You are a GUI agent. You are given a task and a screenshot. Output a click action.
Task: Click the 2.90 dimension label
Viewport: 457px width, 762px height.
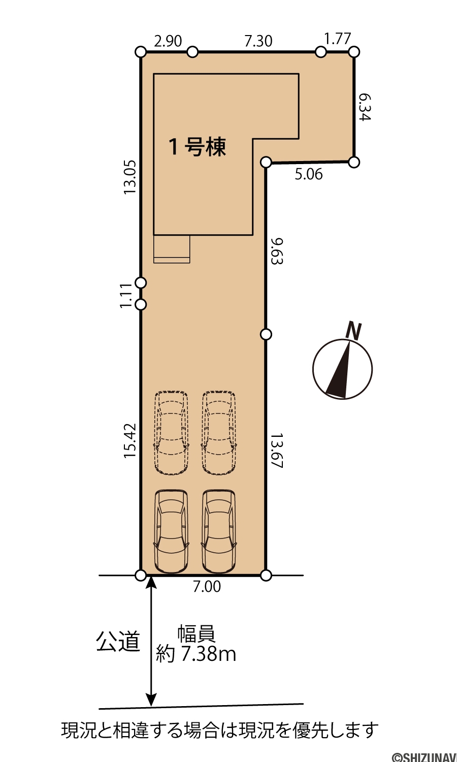click(x=168, y=41)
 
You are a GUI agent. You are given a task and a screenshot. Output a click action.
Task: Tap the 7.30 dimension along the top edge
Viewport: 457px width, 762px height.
click(x=258, y=41)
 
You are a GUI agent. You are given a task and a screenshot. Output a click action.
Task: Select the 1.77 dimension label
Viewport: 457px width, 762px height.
click(x=337, y=39)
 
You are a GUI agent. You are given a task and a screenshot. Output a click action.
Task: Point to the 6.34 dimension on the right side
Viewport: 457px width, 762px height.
click(x=365, y=108)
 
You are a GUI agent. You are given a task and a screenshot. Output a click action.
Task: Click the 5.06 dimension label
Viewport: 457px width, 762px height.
click(x=308, y=175)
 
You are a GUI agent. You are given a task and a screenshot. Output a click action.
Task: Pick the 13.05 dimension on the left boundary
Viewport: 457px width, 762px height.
click(x=130, y=177)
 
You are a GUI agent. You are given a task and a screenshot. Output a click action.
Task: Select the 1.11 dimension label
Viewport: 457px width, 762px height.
click(x=126, y=295)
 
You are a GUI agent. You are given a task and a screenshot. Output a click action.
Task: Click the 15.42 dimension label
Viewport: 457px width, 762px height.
click(x=130, y=440)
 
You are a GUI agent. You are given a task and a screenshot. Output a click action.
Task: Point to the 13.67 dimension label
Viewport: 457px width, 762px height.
click(x=277, y=451)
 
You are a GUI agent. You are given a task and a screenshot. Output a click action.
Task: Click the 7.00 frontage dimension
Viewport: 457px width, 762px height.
click(x=207, y=586)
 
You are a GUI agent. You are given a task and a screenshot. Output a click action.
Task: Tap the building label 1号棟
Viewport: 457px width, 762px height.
click(x=198, y=147)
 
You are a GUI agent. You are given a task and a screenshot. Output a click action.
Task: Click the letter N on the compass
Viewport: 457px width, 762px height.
click(x=354, y=331)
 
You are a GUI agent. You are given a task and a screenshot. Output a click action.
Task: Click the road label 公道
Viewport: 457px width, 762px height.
click(x=118, y=641)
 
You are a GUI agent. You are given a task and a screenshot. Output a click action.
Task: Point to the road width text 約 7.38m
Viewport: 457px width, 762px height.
click(x=196, y=653)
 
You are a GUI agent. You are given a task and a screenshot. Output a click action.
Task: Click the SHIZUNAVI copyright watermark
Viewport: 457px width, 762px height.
click(x=425, y=756)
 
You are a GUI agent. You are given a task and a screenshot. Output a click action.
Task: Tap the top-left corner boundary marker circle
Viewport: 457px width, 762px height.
click(x=141, y=52)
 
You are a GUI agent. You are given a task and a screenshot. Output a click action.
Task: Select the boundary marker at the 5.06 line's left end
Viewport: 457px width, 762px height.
click(x=266, y=162)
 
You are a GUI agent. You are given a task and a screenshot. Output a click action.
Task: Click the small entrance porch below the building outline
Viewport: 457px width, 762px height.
click(x=172, y=249)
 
